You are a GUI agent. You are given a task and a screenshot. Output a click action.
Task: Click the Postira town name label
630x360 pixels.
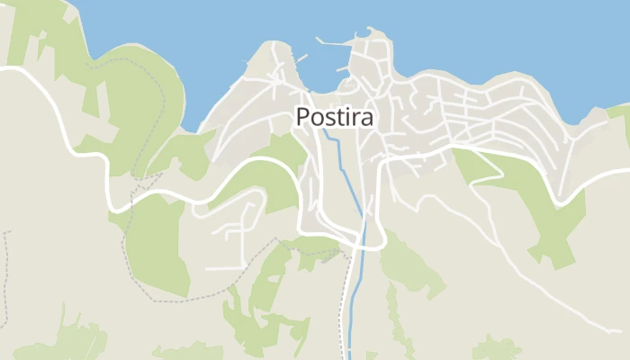pyautogui.click(x=334, y=117)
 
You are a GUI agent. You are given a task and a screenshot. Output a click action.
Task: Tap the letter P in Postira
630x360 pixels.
pyautogui.click(x=302, y=117)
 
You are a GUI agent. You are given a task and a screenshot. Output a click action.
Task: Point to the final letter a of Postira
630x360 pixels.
pyautogui.click(x=366, y=118)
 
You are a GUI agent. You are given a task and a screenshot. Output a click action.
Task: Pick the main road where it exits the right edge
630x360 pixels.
pyautogui.click(x=626, y=171)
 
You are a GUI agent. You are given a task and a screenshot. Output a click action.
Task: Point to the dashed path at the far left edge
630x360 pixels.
pyautogui.click(x=4, y=270)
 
